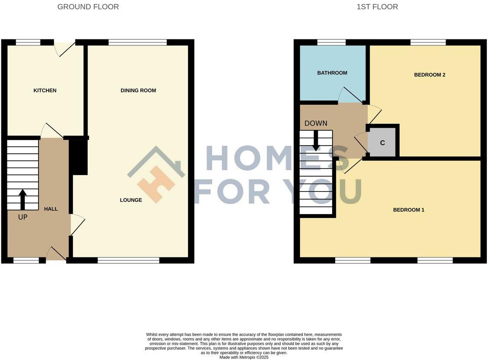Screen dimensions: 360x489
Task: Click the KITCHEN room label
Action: pyautogui.click(x=45, y=91)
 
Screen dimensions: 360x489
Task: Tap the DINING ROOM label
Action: pyautogui.click(x=138, y=91)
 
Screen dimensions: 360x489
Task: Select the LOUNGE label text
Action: pyautogui.click(x=131, y=200)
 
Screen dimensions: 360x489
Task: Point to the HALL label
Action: pyautogui.click(x=51, y=209)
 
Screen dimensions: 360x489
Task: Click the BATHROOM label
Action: pyautogui.click(x=332, y=73)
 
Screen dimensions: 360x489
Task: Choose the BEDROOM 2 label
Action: pyautogui.click(x=430, y=75)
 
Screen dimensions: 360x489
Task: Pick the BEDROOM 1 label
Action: pyautogui.click(x=408, y=210)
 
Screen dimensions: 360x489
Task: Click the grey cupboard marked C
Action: pyautogui.click(x=382, y=143)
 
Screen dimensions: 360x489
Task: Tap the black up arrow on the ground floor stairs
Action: pyautogui.click(x=23, y=199)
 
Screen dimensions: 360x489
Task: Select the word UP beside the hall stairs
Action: pyautogui.click(x=23, y=217)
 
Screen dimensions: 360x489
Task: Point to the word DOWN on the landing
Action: pyautogui.click(x=316, y=123)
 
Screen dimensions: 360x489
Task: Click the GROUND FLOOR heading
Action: pyautogui.click(x=88, y=7)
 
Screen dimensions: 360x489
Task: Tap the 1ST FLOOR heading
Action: pyautogui.click(x=377, y=7)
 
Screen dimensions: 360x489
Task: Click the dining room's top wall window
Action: pyautogui.click(x=137, y=42)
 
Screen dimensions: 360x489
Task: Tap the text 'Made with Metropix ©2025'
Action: pyautogui.click(x=244, y=357)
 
